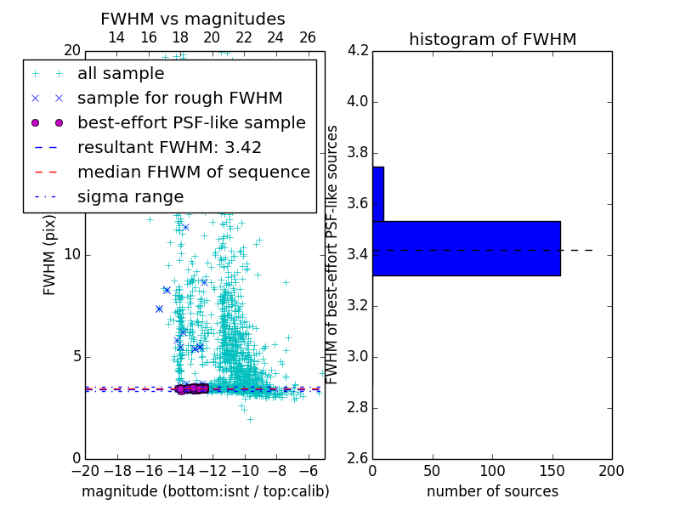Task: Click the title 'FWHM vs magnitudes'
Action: pyautogui.click(x=193, y=19)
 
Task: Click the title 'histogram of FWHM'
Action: pyautogui.click(x=492, y=39)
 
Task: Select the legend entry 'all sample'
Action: pyautogui.click(x=121, y=74)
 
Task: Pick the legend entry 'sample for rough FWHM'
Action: pyautogui.click(x=179, y=98)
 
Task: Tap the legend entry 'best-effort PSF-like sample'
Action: pyautogui.click(x=191, y=122)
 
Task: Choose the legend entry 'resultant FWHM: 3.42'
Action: pyautogui.click(x=169, y=147)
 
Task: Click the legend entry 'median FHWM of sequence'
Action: pyautogui.click(x=193, y=172)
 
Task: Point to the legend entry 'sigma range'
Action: pyautogui.click(x=130, y=196)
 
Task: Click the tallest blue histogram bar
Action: pyautogui.click(x=466, y=248)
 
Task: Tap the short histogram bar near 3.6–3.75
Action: pyautogui.click(x=377, y=194)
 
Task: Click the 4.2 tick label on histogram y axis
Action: pyautogui.click(x=357, y=51)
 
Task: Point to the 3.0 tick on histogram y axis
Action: pyautogui.click(x=357, y=356)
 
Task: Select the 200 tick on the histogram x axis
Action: pyautogui.click(x=611, y=471)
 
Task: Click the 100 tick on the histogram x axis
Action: pyautogui.click(x=492, y=471)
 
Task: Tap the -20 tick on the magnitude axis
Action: pyautogui.click(x=85, y=471)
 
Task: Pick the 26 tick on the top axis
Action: pyautogui.click(x=308, y=37)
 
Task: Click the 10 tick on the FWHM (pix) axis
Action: pyautogui.click(x=71, y=255)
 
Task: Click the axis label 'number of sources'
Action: pyautogui.click(x=492, y=491)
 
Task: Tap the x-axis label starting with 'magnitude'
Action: pyautogui.click(x=205, y=491)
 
